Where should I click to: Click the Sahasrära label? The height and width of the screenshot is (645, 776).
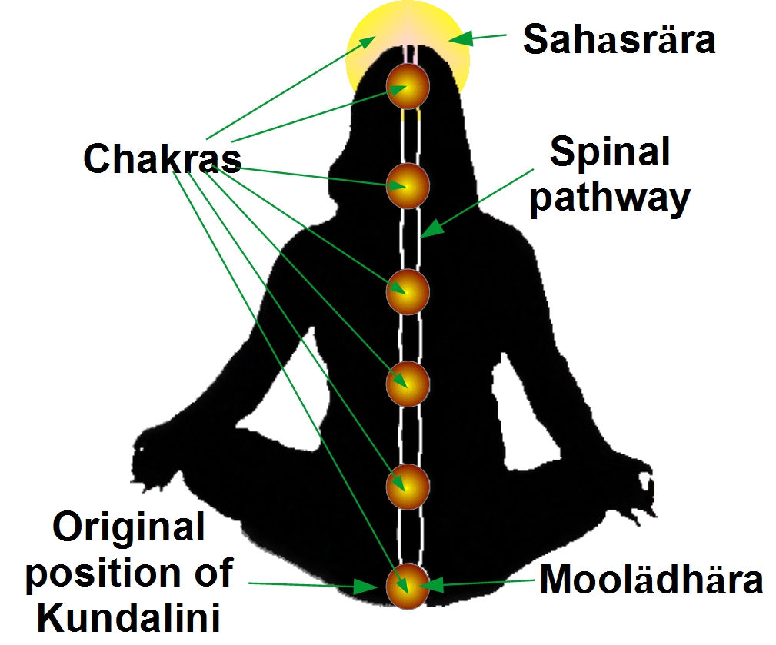click(618, 39)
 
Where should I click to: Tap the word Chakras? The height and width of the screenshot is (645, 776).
click(162, 159)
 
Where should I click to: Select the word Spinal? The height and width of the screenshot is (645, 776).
click(610, 154)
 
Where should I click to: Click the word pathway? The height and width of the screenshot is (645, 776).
click(611, 198)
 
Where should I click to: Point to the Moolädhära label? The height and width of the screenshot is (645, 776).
click(651, 580)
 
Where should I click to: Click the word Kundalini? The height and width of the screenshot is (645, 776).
click(124, 617)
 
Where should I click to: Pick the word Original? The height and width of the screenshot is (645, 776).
click(128, 528)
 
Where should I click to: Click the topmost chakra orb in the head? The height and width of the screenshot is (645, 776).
click(407, 85)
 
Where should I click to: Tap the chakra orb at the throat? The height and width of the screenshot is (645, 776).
click(407, 185)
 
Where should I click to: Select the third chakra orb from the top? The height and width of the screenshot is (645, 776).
click(407, 291)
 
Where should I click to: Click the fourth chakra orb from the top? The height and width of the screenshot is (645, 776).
click(407, 382)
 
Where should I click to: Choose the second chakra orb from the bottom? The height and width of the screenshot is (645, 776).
click(407, 486)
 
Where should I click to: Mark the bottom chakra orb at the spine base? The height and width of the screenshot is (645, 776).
click(407, 585)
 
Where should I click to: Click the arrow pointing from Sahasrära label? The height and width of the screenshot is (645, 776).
click(477, 37)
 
